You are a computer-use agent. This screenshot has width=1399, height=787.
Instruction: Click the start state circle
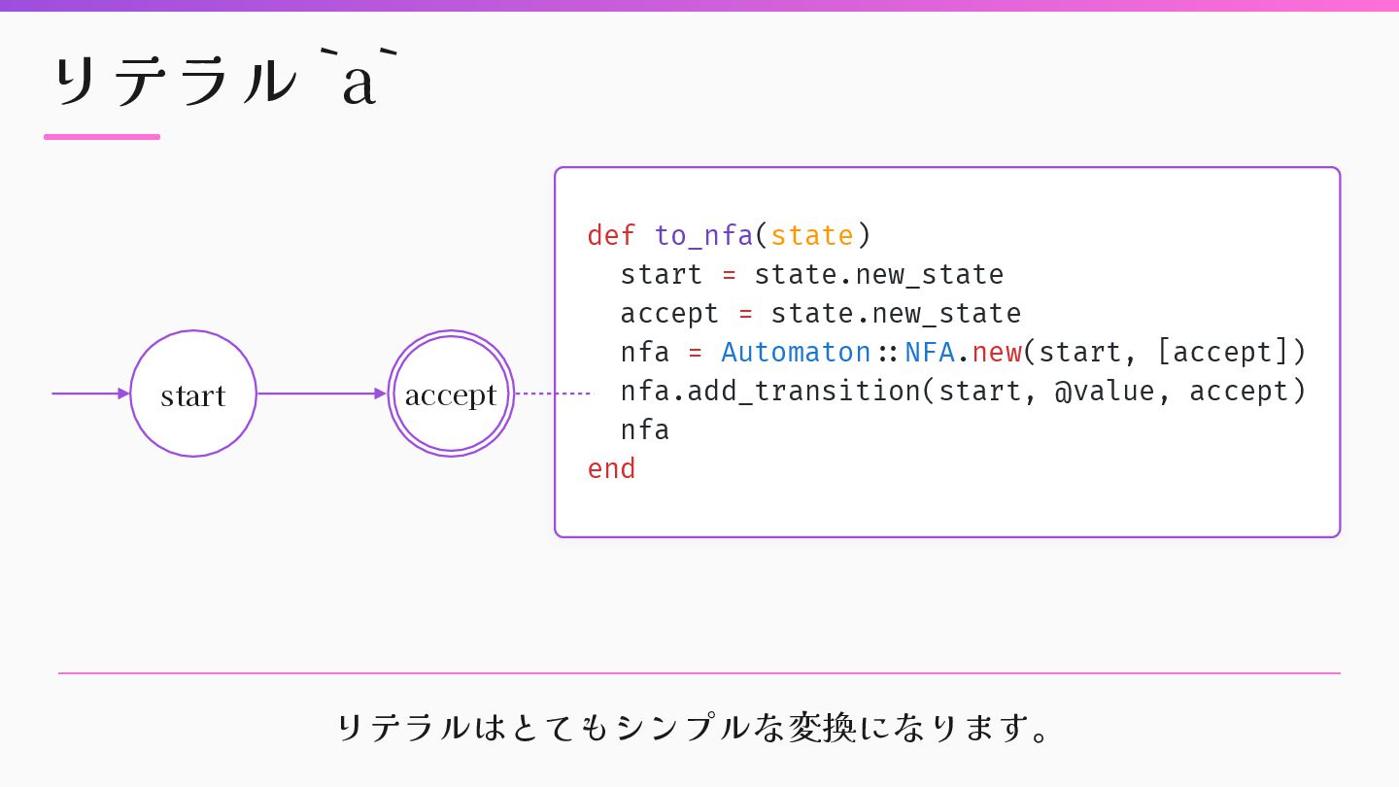[193, 393]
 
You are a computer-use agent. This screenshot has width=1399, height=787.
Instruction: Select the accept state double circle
[451, 393]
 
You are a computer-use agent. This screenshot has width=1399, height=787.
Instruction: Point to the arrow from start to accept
[321, 393]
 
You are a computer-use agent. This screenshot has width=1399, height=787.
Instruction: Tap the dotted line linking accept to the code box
[552, 393]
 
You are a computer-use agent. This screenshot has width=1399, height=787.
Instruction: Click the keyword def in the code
[611, 235]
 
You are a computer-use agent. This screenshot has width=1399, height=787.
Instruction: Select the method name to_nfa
[703, 235]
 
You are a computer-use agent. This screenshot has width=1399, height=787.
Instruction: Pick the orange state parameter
[812, 235]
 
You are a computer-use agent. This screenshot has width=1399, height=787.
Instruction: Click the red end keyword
[611, 468]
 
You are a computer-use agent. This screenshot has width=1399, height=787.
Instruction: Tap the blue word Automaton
[796, 352]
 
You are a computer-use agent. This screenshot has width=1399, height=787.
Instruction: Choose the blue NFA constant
[930, 352]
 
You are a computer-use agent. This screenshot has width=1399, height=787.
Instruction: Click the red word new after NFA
[997, 352]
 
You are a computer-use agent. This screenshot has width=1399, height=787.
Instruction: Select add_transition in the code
[803, 391]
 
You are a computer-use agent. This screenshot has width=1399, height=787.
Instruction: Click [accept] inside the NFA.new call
[1222, 352]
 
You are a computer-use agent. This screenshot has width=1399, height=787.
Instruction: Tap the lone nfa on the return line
[645, 429]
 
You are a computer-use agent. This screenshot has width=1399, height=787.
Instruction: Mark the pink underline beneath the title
[102, 137]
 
